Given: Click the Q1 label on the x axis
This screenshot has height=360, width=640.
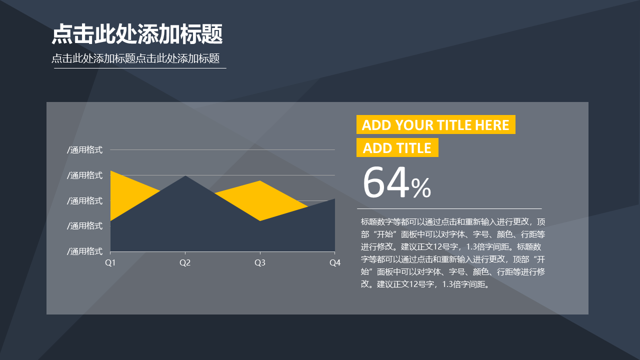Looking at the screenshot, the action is point(110,262).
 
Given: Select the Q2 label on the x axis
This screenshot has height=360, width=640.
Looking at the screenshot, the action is point(185,262).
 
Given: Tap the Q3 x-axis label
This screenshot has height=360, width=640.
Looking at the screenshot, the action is point(259,262).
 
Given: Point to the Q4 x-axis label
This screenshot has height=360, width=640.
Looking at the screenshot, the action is point(335,262).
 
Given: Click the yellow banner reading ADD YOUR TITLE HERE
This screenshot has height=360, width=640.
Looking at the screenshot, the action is point(435,124).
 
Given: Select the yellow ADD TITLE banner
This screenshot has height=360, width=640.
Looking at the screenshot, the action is point(397,147).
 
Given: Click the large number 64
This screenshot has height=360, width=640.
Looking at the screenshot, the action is point(386,182).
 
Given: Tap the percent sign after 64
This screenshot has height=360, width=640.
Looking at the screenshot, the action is point(421,187).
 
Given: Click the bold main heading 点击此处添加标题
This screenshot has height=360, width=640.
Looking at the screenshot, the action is point(137,34).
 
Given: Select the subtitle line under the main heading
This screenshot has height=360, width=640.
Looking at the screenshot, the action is point(135,58).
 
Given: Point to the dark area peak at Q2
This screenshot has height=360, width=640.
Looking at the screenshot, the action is point(185,176).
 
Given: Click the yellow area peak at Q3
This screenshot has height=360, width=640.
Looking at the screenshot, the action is point(259,181).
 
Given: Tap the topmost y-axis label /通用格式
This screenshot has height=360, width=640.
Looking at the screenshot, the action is point(84,149).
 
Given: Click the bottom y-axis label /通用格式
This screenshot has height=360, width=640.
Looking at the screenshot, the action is point(84,251).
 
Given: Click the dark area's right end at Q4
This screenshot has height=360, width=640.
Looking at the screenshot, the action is point(334,199).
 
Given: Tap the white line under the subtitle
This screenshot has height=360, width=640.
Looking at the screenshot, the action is point(140,68).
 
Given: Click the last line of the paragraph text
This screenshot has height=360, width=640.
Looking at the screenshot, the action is point(425,284).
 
